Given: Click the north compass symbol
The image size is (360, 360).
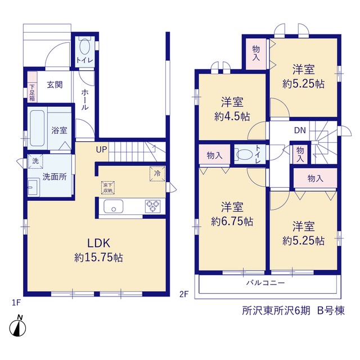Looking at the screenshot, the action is (17, 326).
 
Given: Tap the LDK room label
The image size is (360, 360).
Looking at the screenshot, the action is (99, 243).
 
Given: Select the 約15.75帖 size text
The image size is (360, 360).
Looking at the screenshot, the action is (98, 258).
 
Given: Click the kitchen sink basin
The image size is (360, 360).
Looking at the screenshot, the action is (114, 206).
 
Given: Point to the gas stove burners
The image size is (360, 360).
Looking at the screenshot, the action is (152, 206).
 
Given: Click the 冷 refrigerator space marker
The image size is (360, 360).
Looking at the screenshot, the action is (157, 174).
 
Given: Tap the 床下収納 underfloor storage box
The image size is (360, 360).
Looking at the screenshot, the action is (108, 188).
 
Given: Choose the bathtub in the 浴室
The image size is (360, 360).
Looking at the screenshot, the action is (37, 128).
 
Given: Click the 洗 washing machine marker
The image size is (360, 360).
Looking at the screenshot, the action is (35, 161).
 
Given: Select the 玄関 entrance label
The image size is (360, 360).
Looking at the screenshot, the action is (55, 84).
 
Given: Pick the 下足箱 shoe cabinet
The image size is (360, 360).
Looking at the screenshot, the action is (32, 87).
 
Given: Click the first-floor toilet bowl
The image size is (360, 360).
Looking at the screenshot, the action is (85, 46).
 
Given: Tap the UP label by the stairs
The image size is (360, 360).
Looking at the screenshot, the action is (101, 150).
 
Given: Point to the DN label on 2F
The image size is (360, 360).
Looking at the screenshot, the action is (300, 130).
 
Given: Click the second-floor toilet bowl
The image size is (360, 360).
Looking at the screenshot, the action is (245, 154).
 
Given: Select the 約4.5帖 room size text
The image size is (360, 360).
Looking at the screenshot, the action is (232, 117).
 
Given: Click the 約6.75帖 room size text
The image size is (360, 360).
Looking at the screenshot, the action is (232, 221).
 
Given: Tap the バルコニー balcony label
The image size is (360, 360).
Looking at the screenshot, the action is (265, 282).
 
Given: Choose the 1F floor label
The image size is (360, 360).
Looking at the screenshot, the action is (16, 303).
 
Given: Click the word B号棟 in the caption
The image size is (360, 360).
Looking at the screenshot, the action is (331, 311).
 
